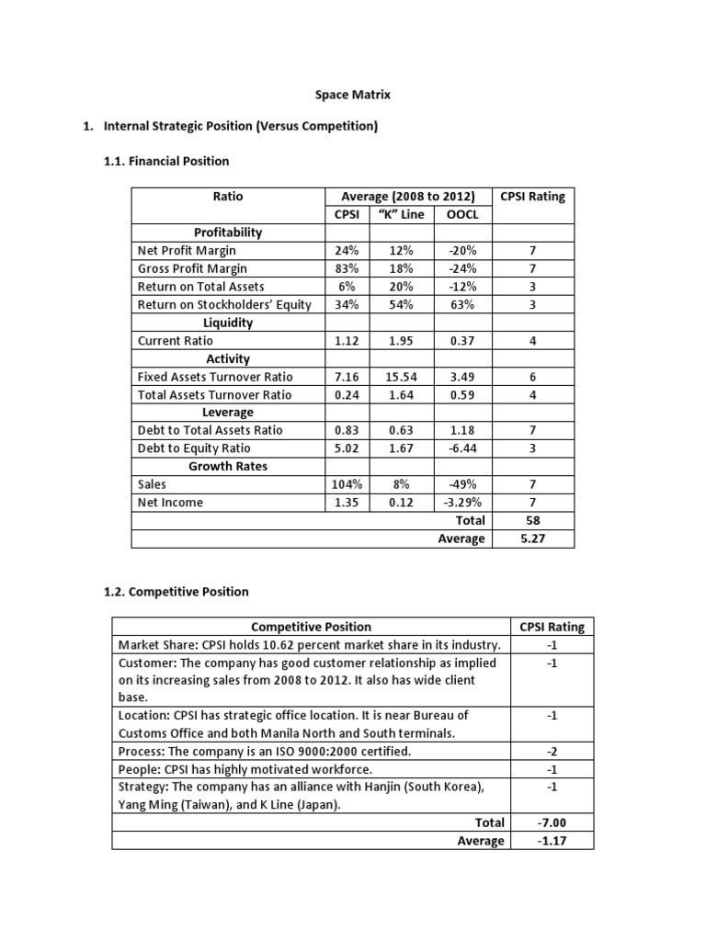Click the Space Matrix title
pos(353,94)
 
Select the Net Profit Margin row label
pos(187,250)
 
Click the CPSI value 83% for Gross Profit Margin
pos(346,268)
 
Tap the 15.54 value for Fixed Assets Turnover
pos(401,377)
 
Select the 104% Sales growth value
pos(346,484)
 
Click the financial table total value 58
pos(532,520)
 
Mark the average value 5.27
pos(532,539)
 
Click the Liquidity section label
pos(227,323)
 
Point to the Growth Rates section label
pos(227,466)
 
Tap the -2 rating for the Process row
pos(552,751)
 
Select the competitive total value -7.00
pos(552,822)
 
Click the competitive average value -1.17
pos(552,841)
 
